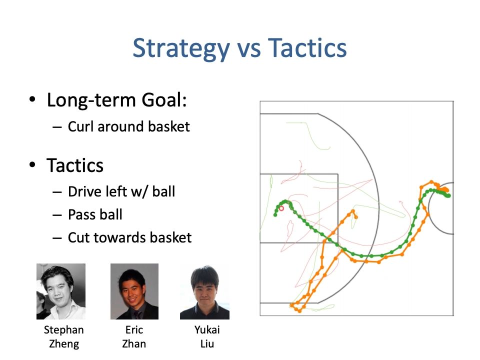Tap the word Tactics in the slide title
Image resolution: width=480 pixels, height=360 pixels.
click(x=307, y=47)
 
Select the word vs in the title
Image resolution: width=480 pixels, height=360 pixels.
click(x=249, y=50)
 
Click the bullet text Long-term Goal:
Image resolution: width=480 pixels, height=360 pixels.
click(x=116, y=100)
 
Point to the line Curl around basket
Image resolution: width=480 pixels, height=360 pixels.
click(x=129, y=126)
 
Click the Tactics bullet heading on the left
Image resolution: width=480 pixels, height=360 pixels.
click(x=75, y=165)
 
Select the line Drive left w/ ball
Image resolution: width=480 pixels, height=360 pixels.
click(x=121, y=191)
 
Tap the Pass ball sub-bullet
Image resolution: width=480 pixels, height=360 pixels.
click(x=95, y=214)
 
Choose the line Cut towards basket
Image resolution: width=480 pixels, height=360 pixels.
click(x=130, y=237)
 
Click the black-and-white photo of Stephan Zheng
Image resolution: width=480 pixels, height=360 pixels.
click(x=61, y=291)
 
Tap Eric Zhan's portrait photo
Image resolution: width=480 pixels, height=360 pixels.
click(x=134, y=291)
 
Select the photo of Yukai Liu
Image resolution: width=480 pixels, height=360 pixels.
click(x=205, y=292)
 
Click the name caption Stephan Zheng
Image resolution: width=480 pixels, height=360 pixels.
click(x=63, y=336)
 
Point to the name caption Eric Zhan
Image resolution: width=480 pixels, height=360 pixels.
click(x=134, y=336)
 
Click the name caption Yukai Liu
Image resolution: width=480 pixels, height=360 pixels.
click(x=207, y=336)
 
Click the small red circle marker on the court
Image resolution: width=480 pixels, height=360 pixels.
click(x=281, y=208)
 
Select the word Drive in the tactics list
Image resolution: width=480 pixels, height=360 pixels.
click(x=85, y=191)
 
